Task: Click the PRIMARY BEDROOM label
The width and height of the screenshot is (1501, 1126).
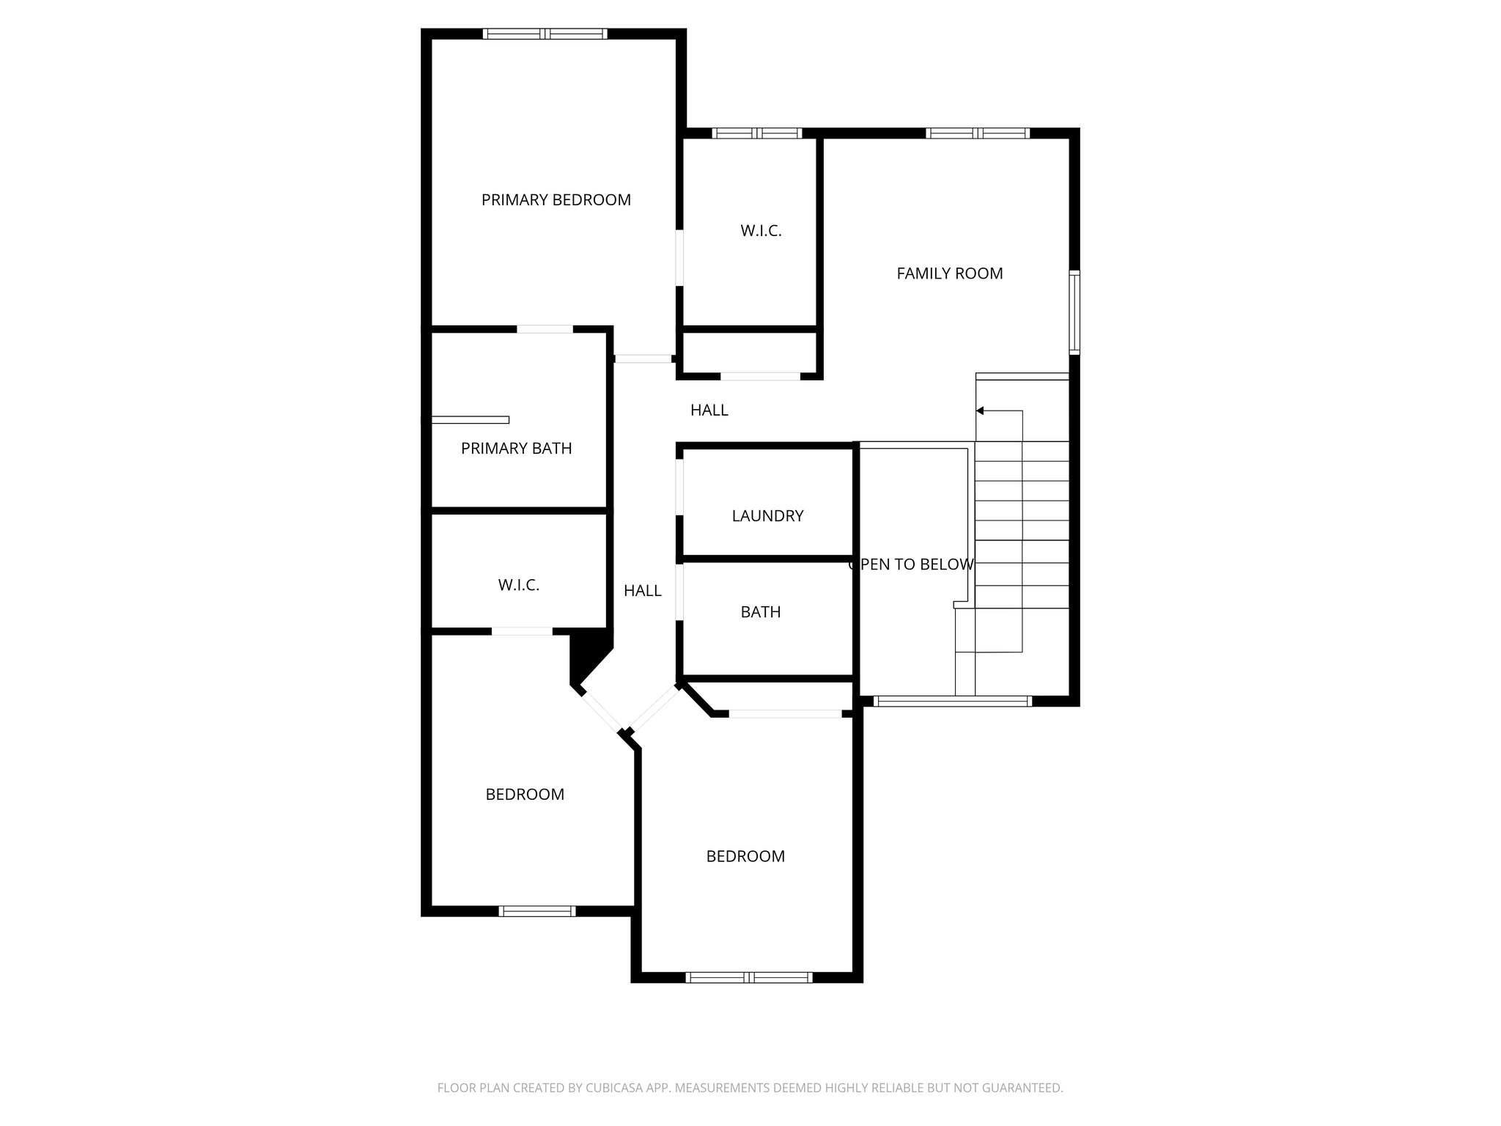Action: coord(556,200)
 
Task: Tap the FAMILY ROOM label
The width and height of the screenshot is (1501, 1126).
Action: coord(949,273)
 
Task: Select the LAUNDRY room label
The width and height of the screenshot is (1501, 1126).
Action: coord(767,516)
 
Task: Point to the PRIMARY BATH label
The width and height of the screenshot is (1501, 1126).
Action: coord(516,449)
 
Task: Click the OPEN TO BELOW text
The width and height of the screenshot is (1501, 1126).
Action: coord(911,564)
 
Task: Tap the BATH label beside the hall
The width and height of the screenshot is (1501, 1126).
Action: coord(760,612)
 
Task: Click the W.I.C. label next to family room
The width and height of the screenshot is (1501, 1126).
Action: coord(761,231)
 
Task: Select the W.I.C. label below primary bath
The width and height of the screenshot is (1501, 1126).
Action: coord(518,586)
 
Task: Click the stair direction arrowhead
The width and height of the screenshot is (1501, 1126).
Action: coord(980,411)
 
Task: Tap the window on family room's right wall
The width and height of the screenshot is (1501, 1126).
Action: coord(1074,312)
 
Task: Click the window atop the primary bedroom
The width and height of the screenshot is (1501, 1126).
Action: coord(545,34)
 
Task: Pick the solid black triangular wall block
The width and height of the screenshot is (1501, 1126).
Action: coord(586,652)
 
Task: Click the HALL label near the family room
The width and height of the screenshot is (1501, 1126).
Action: coord(709,411)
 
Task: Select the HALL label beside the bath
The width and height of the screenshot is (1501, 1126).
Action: coord(642,591)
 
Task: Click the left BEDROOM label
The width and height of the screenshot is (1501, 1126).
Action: coord(525,795)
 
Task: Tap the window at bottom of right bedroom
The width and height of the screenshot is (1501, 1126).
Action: coord(748,977)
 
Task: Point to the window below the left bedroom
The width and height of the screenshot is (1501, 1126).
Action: coord(536,911)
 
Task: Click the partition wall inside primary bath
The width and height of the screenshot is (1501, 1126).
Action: coord(469,420)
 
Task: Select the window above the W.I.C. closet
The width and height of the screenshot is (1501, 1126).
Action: coord(757,133)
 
